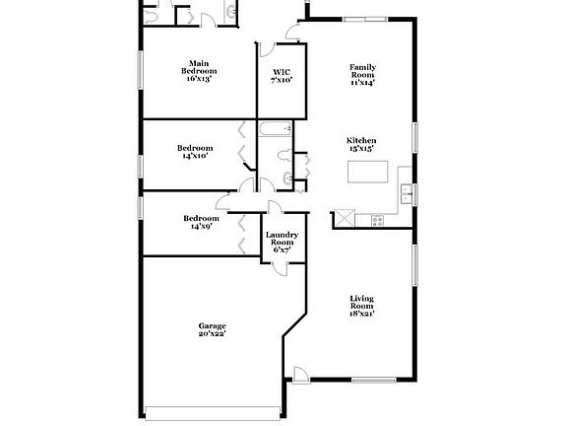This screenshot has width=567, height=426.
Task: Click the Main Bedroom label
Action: [x=199, y=72]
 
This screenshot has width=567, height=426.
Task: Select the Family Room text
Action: [x=362, y=75]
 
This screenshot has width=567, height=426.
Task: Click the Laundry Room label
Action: [x=282, y=242]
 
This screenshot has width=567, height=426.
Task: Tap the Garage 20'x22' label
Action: [x=212, y=330]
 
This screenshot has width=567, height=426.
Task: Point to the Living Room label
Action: [x=361, y=305]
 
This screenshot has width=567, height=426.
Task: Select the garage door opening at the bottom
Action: [x=211, y=410]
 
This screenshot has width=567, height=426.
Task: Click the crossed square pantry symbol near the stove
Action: [x=343, y=218]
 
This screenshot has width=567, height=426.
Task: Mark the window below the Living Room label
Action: [x=372, y=381]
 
